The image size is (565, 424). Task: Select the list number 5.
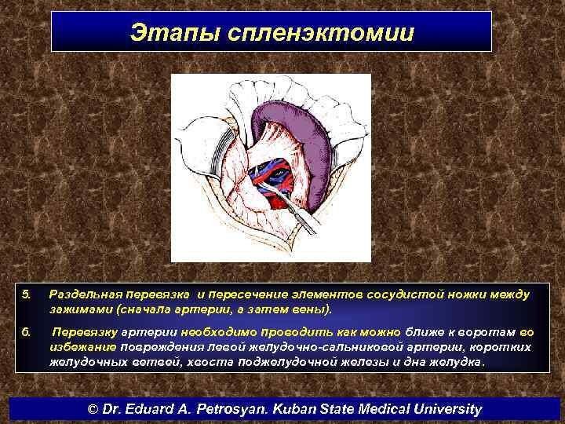(25, 294)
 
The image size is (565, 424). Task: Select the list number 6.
(25, 332)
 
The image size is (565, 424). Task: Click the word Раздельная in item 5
(83, 294)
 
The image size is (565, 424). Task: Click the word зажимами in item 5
(75, 309)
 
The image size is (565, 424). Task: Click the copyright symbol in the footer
(93, 409)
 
